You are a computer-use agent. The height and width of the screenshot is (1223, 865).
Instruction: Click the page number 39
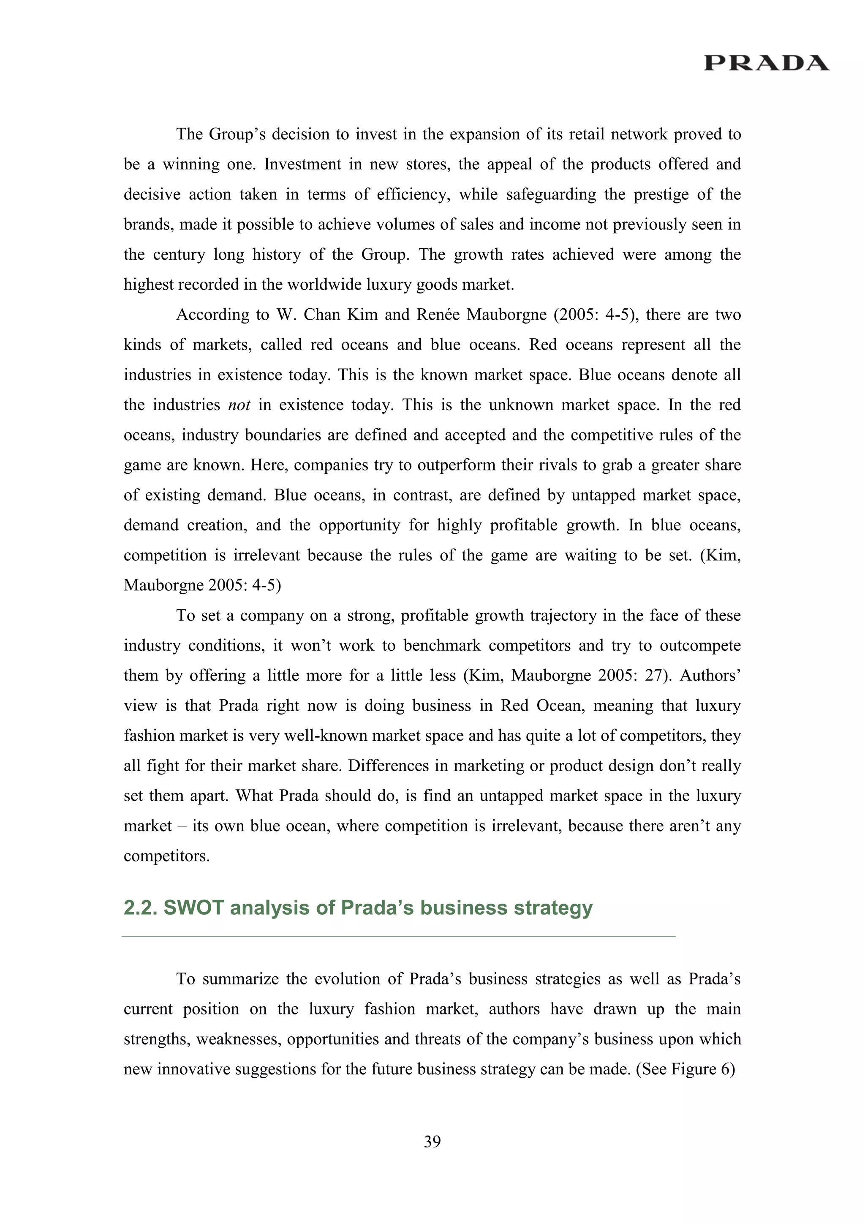point(432,1141)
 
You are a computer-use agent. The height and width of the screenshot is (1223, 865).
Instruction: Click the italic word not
point(239,405)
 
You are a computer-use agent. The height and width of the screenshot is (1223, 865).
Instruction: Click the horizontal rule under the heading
point(398,936)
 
